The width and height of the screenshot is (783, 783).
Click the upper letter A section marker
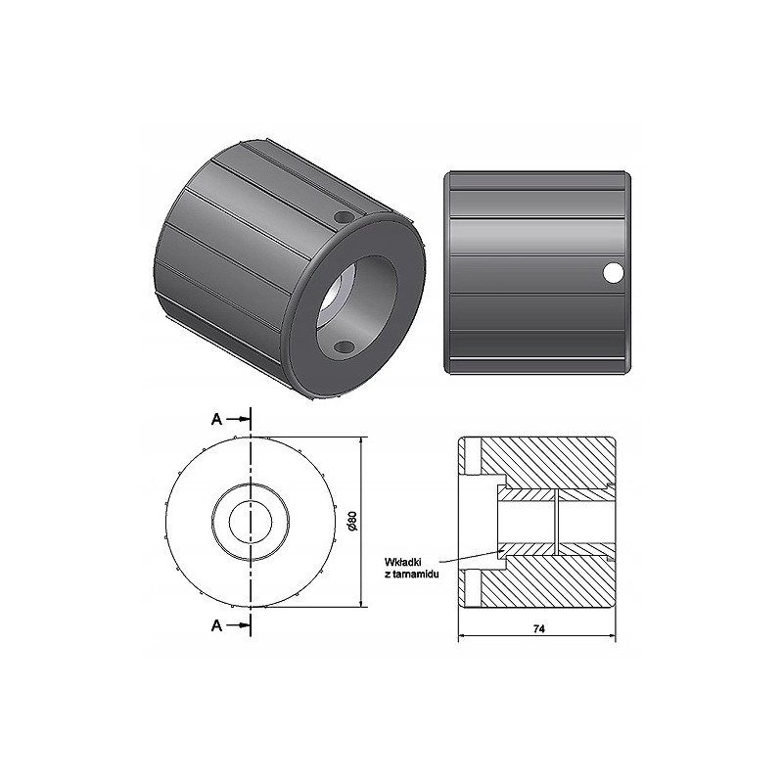[x=216, y=419]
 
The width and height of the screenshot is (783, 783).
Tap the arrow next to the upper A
[x=240, y=419]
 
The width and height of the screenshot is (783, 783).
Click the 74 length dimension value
[x=538, y=629]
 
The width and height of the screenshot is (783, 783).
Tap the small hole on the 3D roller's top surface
[x=342, y=216]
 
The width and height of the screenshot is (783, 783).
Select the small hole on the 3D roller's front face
[x=343, y=347]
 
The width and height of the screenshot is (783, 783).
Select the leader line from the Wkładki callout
[x=470, y=559]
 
